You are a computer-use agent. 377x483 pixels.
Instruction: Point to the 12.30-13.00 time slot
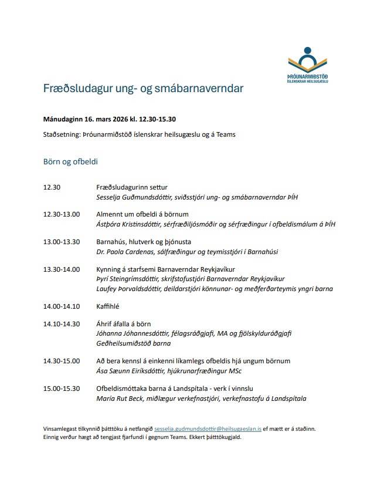[x=61, y=214]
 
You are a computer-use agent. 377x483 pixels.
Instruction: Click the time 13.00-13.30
[x=61, y=242]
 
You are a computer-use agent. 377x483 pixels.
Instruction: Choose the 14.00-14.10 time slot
[x=61, y=306]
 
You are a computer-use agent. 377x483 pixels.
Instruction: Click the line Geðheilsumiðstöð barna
[x=133, y=343]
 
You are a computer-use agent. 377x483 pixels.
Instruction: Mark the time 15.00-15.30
[x=61, y=389]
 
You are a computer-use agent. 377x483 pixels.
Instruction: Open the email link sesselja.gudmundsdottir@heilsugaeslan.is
[x=208, y=429]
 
